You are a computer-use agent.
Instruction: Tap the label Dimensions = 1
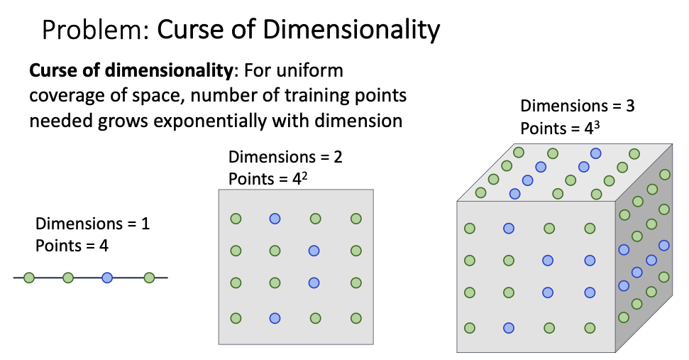(x=92, y=224)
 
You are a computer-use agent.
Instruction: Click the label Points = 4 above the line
(x=72, y=246)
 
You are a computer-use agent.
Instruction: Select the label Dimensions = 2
(x=285, y=157)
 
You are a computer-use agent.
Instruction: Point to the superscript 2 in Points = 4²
(x=304, y=175)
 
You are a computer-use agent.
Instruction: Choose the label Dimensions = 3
(x=578, y=107)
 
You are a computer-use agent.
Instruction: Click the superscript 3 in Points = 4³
(x=596, y=124)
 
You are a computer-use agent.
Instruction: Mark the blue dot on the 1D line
(x=107, y=278)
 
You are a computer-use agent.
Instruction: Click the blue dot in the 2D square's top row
(x=275, y=219)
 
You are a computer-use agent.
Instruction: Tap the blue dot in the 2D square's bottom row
(x=275, y=318)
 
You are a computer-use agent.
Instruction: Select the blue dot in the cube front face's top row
(x=509, y=228)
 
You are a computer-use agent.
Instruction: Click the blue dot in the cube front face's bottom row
(x=509, y=327)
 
